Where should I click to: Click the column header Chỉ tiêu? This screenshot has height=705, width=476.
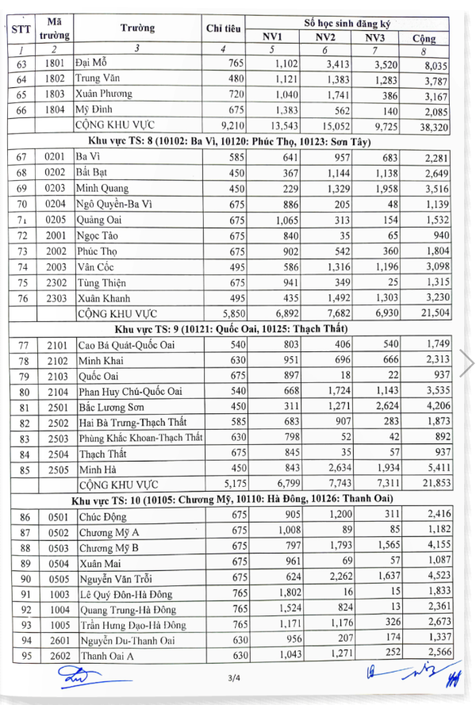click(223, 29)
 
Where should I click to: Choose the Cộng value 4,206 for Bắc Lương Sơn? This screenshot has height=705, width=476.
click(436, 406)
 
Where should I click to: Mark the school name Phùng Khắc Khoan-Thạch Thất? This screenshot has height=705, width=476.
click(140, 438)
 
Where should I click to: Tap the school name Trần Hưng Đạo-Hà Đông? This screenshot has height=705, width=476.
click(132, 625)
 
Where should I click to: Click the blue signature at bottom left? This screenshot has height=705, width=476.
click(79, 676)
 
